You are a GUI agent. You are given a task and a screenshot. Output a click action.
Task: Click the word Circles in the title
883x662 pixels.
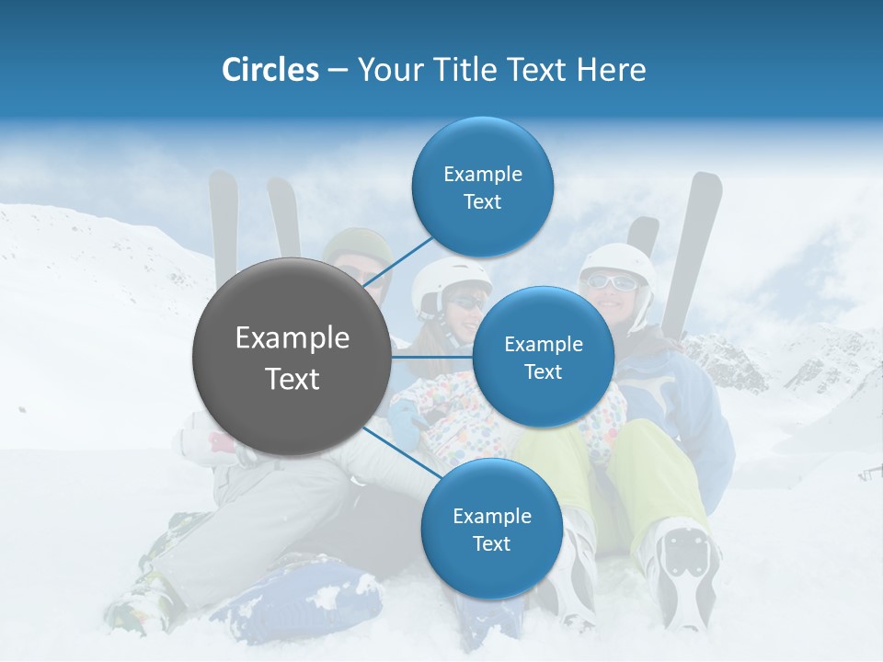[269, 69]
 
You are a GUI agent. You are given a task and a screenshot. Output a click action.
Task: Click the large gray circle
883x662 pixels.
[291, 357]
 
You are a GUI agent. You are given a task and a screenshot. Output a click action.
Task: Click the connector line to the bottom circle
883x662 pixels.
[402, 452]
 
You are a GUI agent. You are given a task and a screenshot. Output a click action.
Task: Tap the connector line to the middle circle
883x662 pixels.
[432, 355]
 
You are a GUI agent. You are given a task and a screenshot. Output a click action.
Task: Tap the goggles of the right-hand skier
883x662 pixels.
[612, 282]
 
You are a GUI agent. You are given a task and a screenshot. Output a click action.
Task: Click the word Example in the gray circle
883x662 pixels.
[292, 338]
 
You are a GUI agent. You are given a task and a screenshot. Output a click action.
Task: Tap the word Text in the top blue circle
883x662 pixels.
[482, 202]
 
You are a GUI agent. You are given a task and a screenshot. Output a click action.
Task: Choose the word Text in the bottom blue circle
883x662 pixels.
[491, 544]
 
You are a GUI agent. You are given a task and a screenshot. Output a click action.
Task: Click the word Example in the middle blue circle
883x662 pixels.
[543, 345]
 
